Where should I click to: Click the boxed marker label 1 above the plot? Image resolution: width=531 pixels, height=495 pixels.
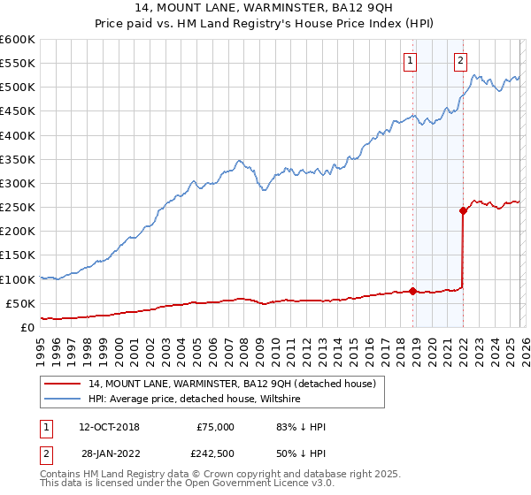point(412,61)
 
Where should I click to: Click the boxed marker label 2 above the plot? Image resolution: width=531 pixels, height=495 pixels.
point(461,61)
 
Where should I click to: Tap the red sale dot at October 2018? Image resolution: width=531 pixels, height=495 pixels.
point(413,291)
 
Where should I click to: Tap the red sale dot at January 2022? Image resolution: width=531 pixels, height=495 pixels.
point(463,210)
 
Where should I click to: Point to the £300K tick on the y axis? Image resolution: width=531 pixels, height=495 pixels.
point(18,183)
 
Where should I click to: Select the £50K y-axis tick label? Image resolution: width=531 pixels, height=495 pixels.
point(20,303)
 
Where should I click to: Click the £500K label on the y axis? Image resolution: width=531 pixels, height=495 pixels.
point(18,88)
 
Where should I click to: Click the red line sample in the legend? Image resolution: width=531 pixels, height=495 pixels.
point(63,384)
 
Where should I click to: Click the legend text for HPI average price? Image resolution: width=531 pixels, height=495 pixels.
point(195,400)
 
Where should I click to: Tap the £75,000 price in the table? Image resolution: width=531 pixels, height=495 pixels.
point(215,427)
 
